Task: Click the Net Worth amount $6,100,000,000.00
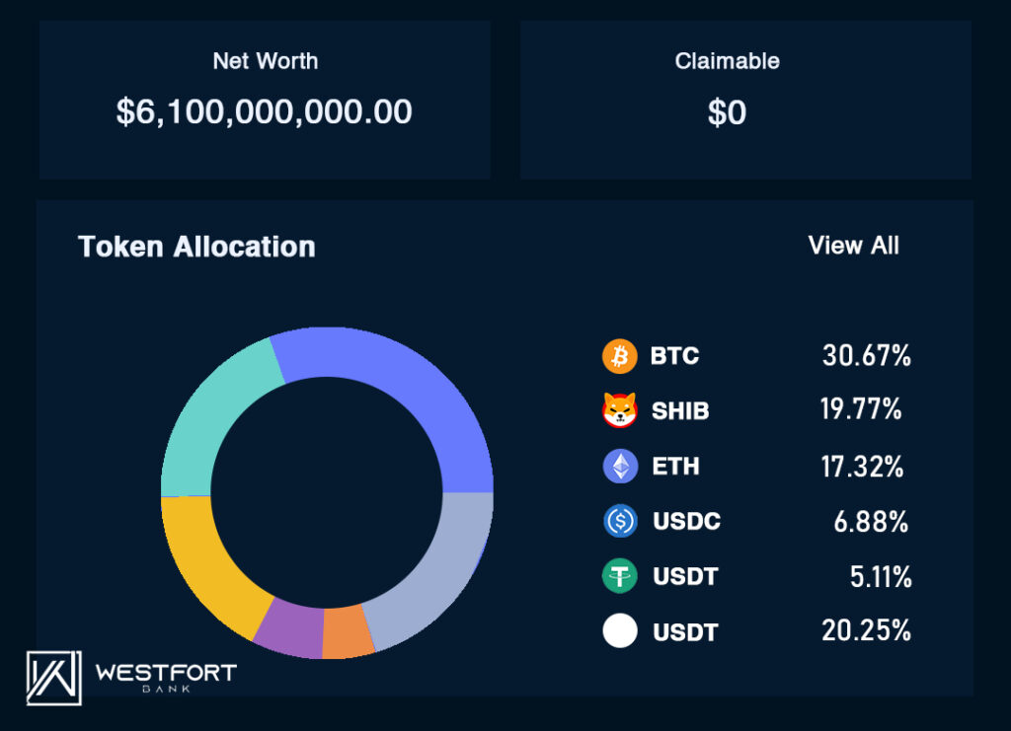[264, 112]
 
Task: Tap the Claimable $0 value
[727, 113]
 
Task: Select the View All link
[853, 246]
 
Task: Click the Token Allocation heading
[196, 247]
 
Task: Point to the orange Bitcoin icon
[620, 356]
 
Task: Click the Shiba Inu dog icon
[620, 410]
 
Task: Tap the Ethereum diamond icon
[620, 467]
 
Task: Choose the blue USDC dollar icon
[620, 521]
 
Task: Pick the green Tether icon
[620, 577]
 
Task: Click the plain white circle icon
[620, 631]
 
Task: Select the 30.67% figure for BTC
[866, 356]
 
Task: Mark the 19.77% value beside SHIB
[860, 410]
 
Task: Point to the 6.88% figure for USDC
[871, 522]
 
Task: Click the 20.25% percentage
[866, 631]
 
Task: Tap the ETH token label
[675, 467]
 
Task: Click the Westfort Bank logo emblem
[53, 678]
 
